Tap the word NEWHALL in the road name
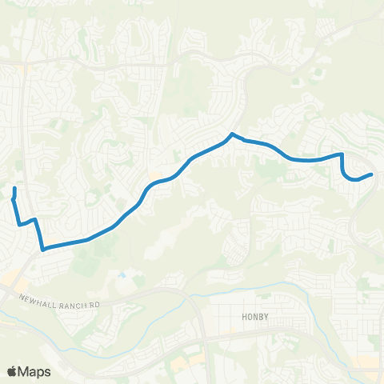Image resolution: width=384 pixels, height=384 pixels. click(x=37, y=297)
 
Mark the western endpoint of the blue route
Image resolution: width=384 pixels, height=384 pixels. click(x=15, y=188)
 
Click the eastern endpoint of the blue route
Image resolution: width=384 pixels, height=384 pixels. click(x=372, y=174)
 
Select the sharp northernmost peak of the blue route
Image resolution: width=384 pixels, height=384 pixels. click(x=231, y=134)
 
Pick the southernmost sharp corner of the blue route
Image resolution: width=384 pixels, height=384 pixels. click(x=43, y=249)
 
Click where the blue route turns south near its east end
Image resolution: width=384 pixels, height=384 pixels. click(x=342, y=154)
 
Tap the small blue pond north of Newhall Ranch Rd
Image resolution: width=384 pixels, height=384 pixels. click(x=121, y=275)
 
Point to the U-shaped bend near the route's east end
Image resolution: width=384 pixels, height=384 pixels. click(x=350, y=178)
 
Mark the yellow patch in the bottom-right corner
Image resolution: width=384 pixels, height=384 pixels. click(x=368, y=364)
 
